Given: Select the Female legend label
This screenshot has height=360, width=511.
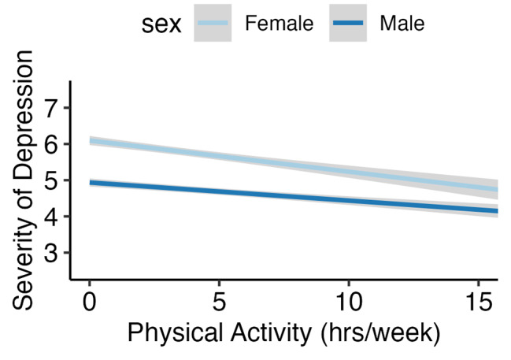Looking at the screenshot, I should (x=279, y=24).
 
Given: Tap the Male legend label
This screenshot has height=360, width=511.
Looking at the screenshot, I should (x=402, y=24).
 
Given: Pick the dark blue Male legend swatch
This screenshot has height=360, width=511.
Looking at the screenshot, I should (x=347, y=24).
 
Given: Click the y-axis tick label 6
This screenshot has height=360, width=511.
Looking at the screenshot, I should (x=52, y=144).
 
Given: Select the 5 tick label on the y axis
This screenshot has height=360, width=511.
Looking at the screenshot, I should (x=52, y=180).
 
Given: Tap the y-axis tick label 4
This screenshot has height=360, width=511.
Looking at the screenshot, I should (x=52, y=217).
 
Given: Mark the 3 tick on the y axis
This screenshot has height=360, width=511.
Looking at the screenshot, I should (x=52, y=253).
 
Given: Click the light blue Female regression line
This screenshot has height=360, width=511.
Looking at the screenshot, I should (x=283, y=163).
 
